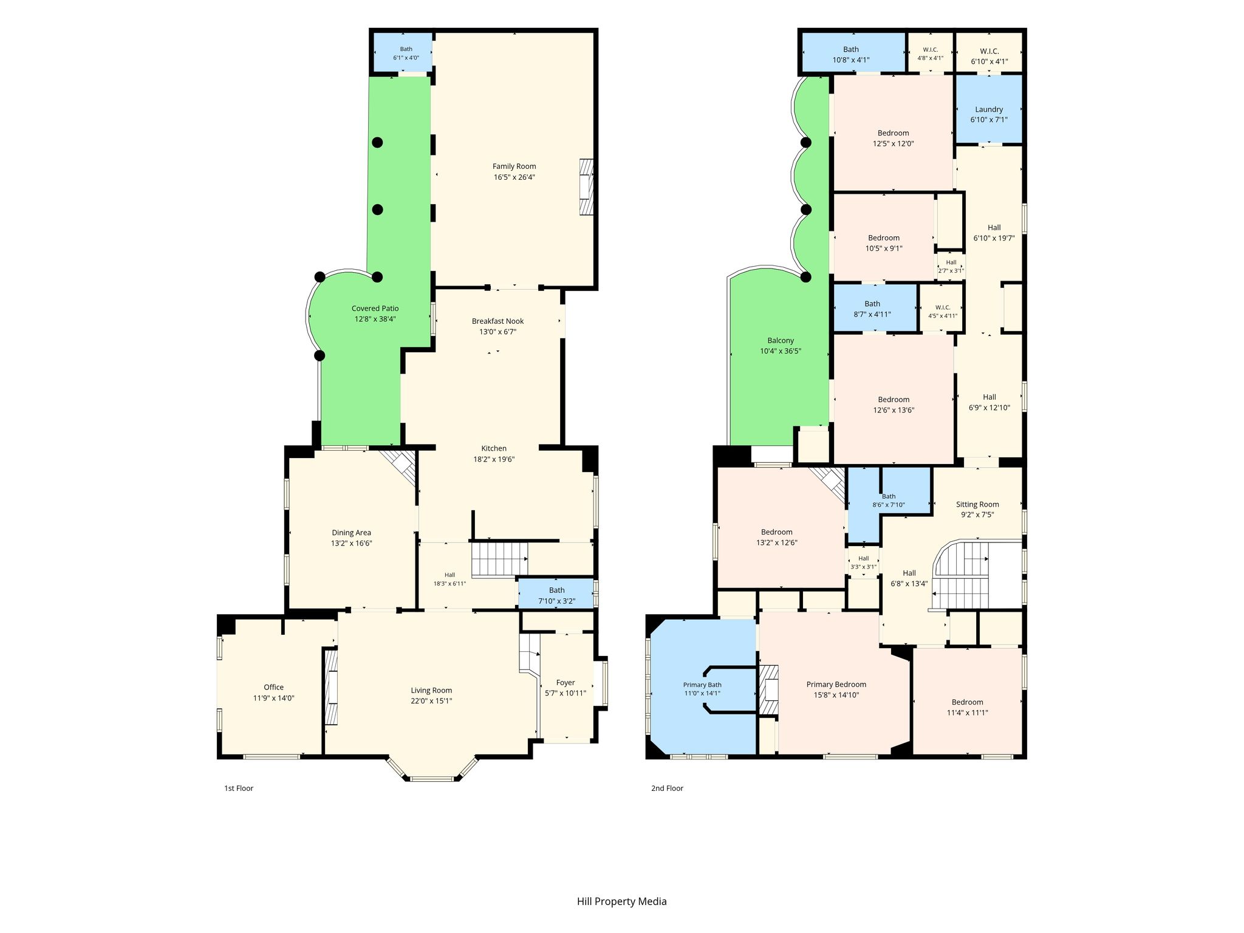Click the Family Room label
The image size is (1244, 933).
[514, 166]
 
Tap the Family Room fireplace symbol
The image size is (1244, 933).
[586, 187]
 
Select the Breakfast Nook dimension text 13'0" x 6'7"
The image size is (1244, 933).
[497, 332]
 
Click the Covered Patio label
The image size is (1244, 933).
[375, 309]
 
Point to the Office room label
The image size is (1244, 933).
[273, 688]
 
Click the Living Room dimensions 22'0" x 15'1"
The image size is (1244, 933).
[431, 701]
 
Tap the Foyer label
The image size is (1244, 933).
[566, 683]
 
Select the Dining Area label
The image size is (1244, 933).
[351, 533]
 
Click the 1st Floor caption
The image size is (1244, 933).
[239, 788]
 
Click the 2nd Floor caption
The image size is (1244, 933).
[667, 788]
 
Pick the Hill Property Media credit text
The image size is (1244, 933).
[621, 901]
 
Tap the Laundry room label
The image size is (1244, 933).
[989, 109]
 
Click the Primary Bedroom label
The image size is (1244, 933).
[836, 685]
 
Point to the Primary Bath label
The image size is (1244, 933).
[702, 685]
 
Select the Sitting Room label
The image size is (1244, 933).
[977, 504]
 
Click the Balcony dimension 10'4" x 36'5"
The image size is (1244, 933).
[781, 351]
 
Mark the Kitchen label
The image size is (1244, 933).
[494, 449]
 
